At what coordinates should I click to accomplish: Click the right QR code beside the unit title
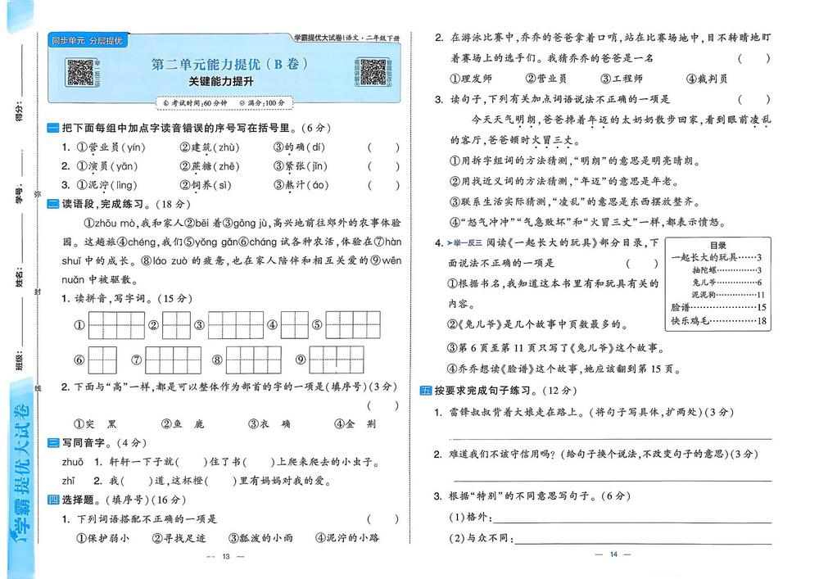tap(373, 72)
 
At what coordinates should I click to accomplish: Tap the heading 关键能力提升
tap(220, 83)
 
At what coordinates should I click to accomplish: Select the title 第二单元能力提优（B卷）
tap(229, 64)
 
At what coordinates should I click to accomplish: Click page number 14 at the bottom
tap(613, 556)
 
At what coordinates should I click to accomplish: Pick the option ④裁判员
tap(707, 79)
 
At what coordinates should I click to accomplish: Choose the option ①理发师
tap(471, 79)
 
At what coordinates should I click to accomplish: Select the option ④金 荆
tap(356, 424)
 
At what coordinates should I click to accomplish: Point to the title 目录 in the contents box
tap(717, 245)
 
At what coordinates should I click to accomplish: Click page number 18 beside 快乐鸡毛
tap(762, 320)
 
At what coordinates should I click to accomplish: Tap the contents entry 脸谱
tap(681, 307)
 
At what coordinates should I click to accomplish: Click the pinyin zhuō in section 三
tap(72, 462)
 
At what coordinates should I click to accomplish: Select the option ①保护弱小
tap(102, 538)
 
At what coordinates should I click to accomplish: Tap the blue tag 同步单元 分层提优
tap(86, 40)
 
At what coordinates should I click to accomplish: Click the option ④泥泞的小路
tap(347, 538)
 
